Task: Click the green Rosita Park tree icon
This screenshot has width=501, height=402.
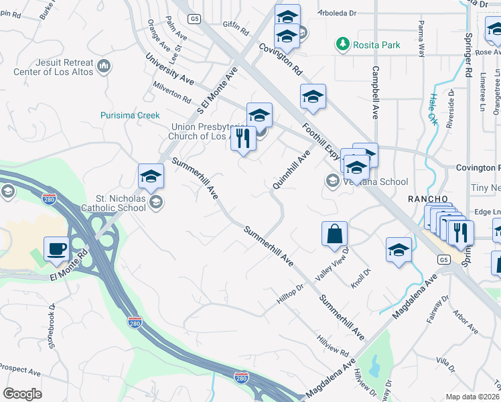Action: point(343,44)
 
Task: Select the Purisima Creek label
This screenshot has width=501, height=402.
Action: point(130,115)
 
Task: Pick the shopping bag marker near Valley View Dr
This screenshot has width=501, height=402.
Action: point(334,234)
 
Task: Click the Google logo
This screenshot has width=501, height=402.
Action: point(22,394)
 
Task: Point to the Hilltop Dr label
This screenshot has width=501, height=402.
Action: point(291,296)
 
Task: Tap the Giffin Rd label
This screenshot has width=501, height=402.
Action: point(236,31)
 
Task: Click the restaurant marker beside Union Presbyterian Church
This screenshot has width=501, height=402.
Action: point(243,139)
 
